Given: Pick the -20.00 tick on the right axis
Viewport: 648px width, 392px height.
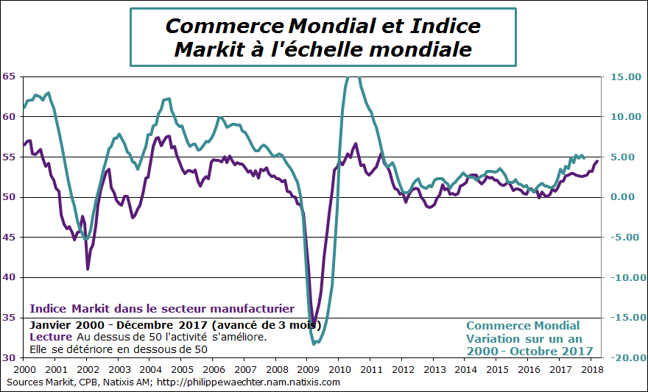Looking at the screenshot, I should [x=623, y=358].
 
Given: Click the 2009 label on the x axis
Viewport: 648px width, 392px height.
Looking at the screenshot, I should [x=309, y=368].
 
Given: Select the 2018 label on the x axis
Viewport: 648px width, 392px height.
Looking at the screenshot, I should [x=593, y=368].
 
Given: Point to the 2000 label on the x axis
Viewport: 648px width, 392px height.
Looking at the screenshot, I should [x=24, y=368].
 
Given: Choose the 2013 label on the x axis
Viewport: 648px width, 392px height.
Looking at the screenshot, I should [x=434, y=368].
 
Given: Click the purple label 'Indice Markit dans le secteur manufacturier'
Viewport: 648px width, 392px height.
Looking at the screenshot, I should [x=161, y=309].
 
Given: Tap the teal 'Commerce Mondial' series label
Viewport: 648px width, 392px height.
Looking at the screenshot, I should [x=523, y=326].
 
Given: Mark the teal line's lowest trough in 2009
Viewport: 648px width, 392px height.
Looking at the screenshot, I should [x=314, y=343].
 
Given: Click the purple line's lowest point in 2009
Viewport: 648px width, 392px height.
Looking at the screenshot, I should [x=314, y=324].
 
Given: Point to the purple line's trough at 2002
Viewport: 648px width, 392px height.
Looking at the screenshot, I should [x=88, y=268].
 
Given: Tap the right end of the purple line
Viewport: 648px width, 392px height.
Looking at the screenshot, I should [x=597, y=161].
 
